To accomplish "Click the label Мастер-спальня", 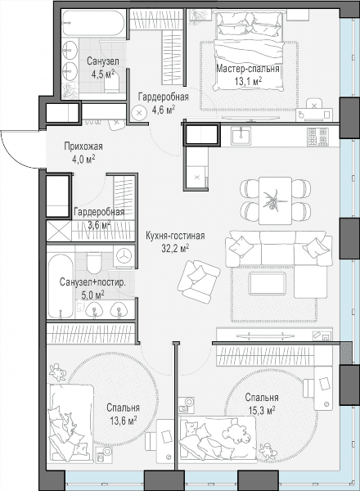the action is coord(248,69).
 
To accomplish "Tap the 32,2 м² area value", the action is coord(175,248).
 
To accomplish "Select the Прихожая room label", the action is coord(83,146).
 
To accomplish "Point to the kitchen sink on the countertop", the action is coord(241,136).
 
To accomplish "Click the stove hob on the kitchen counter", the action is coord(317,137).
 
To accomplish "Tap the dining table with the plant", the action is coord(275,200).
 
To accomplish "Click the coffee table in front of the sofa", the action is coord(267,283).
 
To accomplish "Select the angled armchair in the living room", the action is coord(199,282).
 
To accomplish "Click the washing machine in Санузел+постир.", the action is coord(124,256).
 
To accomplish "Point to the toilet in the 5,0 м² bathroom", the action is coord(94,263).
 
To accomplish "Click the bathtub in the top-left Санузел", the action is coord(93,23).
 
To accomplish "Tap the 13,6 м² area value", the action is coord(123,421).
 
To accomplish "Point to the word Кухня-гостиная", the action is coord(175,236).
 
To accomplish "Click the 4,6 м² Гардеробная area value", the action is coord(163,110).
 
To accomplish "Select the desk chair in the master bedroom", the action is coord(314,105).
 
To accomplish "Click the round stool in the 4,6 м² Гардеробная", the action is coord(139,114).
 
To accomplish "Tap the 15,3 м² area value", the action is coord(262,410).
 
